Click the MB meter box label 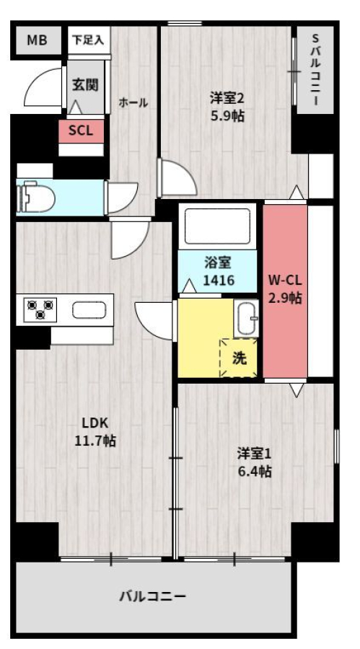coord(37,40)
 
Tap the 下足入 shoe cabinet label coord(88,40)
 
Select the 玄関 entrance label coord(85,85)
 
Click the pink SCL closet coord(81,131)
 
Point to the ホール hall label coord(133,102)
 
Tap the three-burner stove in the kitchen coord(40,309)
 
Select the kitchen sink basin coord(89,309)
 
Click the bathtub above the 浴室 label coord(217,226)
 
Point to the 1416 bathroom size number coord(219,281)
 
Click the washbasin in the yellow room coord(246,318)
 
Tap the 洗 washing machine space coord(239,358)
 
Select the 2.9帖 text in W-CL coord(285,298)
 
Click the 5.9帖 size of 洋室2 coord(227,116)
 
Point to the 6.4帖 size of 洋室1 coord(255,472)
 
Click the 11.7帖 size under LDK coord(95,441)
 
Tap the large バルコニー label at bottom coord(153,596)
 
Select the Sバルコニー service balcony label coord(315,70)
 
